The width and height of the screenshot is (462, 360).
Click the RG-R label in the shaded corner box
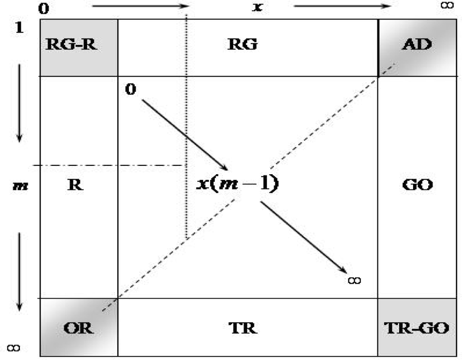coord(73,44)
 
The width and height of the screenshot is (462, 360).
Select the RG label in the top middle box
coord(243,44)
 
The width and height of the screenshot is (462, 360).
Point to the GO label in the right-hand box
coord(417,185)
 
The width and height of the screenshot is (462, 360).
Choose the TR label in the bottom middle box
coord(243,328)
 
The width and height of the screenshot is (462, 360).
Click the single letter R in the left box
coord(76,185)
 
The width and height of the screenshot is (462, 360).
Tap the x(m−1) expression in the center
coord(238,184)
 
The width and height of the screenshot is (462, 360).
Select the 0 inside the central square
coord(131,89)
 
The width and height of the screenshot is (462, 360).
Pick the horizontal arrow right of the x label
coord(342,6)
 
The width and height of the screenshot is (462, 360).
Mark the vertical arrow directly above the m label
coord(19,102)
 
